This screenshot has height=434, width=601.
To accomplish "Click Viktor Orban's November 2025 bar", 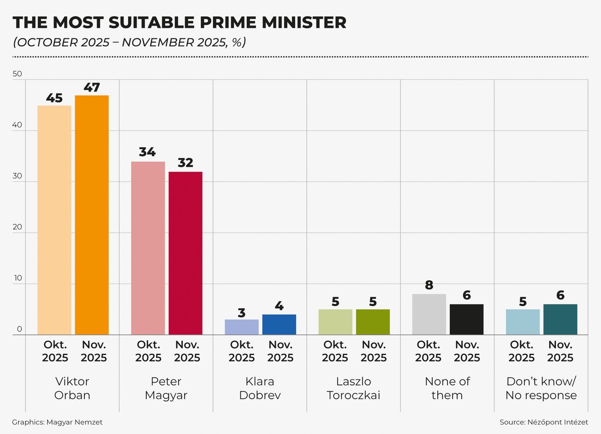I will (x=92, y=215).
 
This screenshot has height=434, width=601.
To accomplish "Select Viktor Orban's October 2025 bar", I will (x=54, y=220).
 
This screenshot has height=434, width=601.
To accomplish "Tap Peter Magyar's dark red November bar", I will (x=185, y=253).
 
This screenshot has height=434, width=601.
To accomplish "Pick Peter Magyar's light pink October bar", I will (x=148, y=248).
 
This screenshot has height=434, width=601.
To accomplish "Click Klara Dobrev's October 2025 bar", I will (x=241, y=327).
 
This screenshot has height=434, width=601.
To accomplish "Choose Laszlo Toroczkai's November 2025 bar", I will (x=373, y=322).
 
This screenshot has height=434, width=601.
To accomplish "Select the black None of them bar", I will (x=466, y=319).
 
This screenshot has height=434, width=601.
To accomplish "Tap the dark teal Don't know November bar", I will (x=560, y=319).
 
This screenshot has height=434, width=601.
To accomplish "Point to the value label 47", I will (x=92, y=87).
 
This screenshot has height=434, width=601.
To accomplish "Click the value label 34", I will (x=147, y=152).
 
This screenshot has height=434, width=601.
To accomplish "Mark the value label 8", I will (x=429, y=285).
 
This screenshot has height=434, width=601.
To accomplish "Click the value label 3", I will (x=241, y=313).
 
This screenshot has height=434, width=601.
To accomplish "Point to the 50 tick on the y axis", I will (x=18, y=74).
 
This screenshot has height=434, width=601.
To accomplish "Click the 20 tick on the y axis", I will (x=18, y=227).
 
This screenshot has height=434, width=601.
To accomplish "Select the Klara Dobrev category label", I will (x=260, y=388).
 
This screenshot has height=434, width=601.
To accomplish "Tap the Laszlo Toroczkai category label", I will (x=354, y=388).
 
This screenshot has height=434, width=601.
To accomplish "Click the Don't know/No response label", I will (x=541, y=388).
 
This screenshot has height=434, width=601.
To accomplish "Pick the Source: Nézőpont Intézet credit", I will (x=544, y=422).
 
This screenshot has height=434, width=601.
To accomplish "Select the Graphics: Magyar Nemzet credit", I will (x=57, y=422).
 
